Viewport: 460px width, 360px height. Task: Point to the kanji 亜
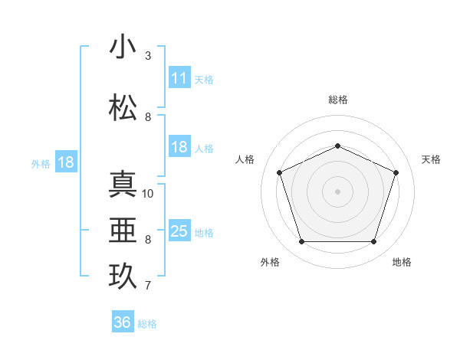[x=123, y=231]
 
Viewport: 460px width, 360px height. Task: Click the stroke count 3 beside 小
[x=148, y=56]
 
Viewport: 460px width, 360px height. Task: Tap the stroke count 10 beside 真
[x=149, y=194]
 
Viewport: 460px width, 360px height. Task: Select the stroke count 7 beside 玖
[x=148, y=286]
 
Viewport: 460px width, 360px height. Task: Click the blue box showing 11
[x=179, y=78]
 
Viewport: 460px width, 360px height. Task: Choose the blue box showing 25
[x=179, y=231]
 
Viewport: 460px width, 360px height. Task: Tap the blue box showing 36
[x=123, y=322]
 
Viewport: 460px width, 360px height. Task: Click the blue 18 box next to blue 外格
[x=66, y=162]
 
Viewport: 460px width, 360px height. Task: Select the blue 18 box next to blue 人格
[x=179, y=148]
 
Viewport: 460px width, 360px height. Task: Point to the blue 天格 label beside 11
[x=204, y=79]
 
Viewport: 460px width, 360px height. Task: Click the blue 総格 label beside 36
[x=147, y=323]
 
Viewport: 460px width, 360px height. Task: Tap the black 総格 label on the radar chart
[x=337, y=100]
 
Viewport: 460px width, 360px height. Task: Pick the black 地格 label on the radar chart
[x=402, y=262]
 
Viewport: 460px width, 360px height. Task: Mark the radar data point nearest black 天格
[x=396, y=172]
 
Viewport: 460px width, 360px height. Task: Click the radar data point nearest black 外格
[x=301, y=242]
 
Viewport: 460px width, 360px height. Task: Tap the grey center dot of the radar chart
[x=337, y=191]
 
